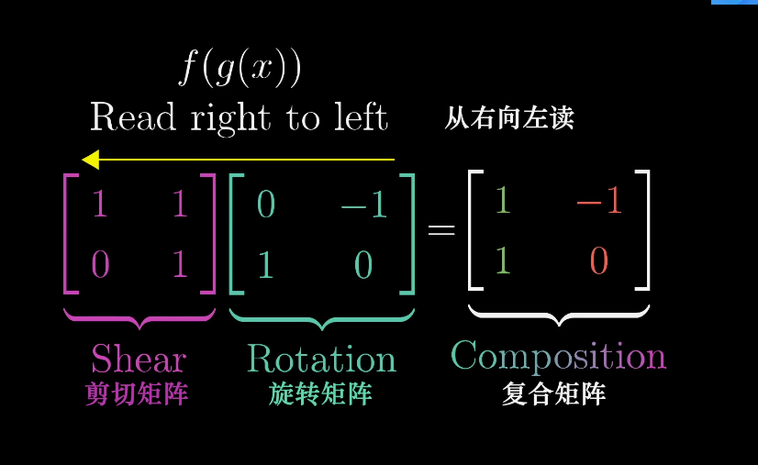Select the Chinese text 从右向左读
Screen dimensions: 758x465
[x=509, y=118]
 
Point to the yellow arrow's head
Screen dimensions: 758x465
[x=90, y=160]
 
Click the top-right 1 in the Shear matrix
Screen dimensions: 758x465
[x=180, y=204]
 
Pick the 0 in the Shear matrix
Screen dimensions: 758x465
[x=100, y=265]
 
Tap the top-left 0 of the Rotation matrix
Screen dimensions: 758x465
[x=265, y=204]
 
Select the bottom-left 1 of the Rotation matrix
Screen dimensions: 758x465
[x=265, y=265]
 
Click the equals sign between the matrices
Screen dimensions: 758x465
[x=441, y=230]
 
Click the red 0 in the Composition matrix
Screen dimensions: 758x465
[x=598, y=261]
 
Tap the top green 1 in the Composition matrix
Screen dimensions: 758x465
[x=501, y=200]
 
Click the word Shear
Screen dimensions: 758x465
[x=139, y=359]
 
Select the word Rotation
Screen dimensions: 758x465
[x=321, y=359]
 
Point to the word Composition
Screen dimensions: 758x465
[x=558, y=356]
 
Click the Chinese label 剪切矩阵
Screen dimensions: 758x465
[x=138, y=394]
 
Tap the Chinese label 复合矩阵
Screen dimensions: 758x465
[x=554, y=394]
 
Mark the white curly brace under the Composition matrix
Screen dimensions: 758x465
[x=559, y=316]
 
